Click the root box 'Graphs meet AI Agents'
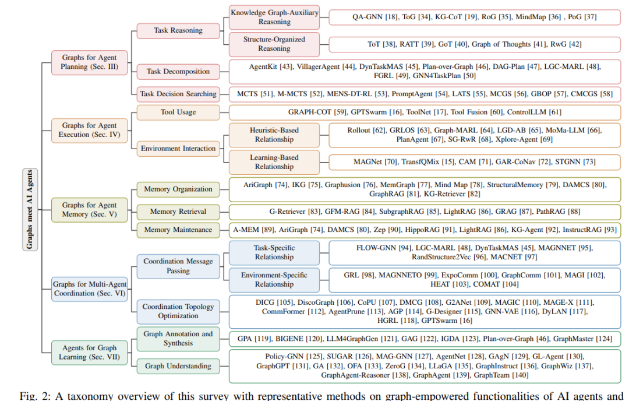[30, 209]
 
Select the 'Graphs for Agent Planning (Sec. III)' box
[90, 62]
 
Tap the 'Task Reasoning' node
[178, 30]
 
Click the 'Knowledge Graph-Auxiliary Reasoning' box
[274, 17]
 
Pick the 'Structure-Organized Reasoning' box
[274, 44]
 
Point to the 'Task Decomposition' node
[178, 72]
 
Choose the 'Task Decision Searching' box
[178, 94]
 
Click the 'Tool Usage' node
[178, 112]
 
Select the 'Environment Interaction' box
[178, 149]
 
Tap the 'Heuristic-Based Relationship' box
[274, 135]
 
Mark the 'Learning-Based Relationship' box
[274, 162]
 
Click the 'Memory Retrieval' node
[178, 212]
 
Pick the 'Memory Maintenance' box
[178, 230]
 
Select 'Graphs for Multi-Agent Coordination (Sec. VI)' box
[90, 289]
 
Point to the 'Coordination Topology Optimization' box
[178, 311]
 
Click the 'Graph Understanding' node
[178, 366]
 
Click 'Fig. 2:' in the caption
[36, 396]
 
